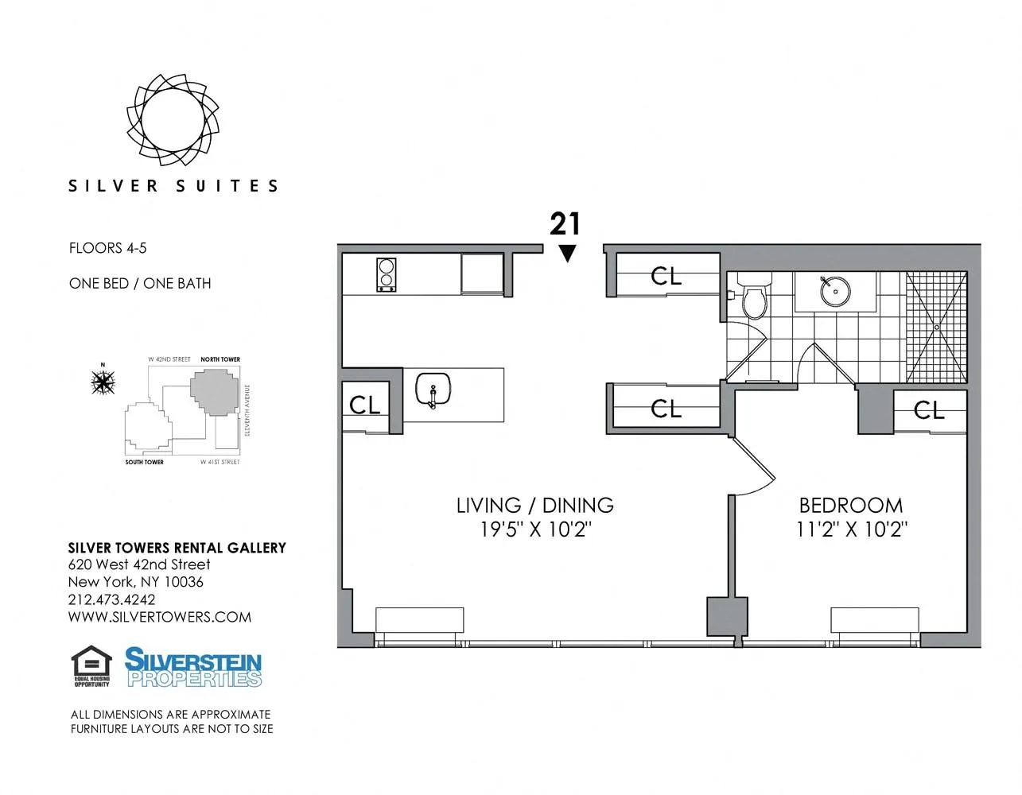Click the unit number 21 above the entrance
565,224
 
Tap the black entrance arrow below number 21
566,254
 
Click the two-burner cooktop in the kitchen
387,274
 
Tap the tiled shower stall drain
938,327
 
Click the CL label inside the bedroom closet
929,410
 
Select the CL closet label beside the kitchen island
365,405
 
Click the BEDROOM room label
850,505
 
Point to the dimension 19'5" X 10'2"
535,529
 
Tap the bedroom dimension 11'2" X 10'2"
851,529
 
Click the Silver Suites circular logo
173,118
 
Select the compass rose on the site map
103,382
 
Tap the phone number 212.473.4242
112,599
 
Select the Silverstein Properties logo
193,667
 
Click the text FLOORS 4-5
107,248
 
